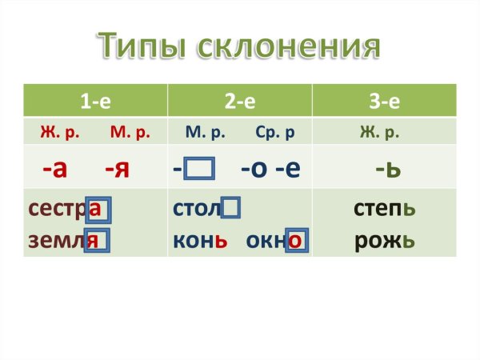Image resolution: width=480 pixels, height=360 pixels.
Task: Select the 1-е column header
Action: (95, 101)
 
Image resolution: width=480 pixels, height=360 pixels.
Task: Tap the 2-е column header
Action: (239, 101)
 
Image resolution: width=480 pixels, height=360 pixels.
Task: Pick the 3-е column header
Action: (384, 101)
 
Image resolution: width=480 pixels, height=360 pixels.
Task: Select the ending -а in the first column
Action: (54, 169)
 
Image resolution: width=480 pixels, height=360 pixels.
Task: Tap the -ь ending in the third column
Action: (387, 169)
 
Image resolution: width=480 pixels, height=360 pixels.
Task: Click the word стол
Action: (196, 210)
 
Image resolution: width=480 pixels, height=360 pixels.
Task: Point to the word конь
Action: (201, 239)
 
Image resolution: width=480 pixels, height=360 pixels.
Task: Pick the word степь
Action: (385, 210)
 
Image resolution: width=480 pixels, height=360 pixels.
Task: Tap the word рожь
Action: (385, 239)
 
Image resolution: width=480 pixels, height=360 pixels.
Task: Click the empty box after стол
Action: (232, 210)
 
